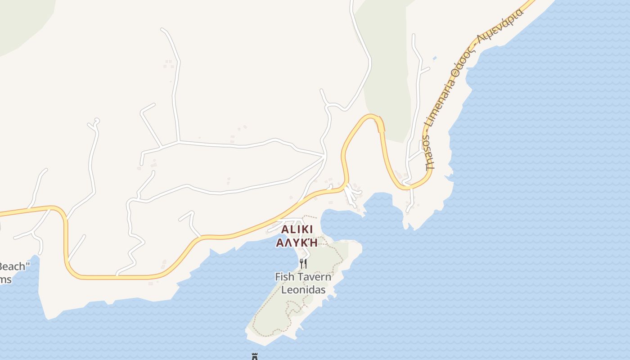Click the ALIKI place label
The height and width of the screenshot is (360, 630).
[297, 229]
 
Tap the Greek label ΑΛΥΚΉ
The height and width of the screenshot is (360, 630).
[297, 243]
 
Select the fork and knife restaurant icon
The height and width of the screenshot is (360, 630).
[303, 263]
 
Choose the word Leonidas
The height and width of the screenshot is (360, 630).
[303, 290]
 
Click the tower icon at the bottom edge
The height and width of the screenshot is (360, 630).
[254, 356]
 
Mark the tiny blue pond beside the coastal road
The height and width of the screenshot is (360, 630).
[434, 58]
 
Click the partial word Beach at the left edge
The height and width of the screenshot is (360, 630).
[12, 266]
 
